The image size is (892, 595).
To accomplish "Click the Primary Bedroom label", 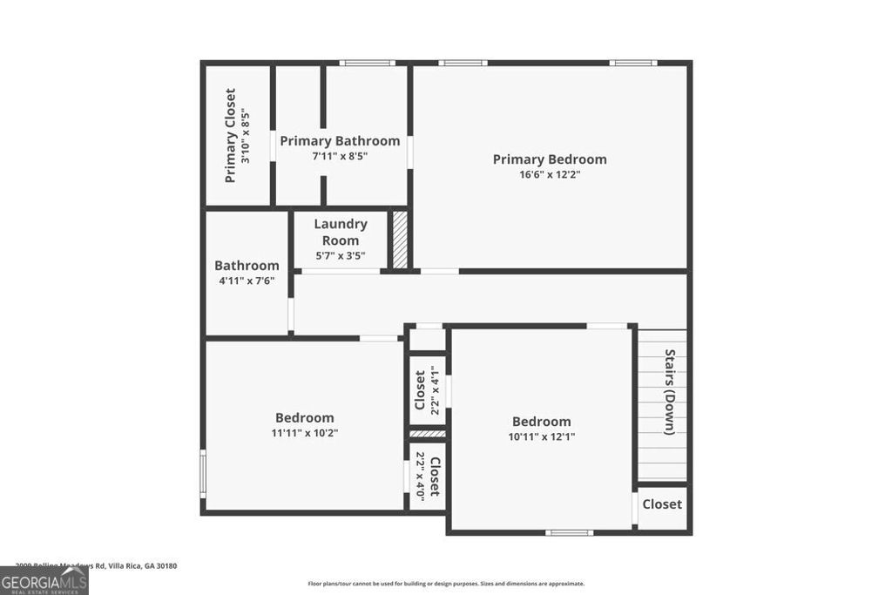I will pos(550,159).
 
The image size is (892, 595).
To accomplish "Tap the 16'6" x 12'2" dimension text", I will pos(550,174).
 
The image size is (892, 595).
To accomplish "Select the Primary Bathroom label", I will pos(340,141).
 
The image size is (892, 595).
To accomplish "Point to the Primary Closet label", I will pos(231,135).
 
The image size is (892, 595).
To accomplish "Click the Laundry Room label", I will pos(340,232).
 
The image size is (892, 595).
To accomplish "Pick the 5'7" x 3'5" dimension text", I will pos(340,256).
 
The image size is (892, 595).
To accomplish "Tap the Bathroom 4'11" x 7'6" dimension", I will pos(247,281).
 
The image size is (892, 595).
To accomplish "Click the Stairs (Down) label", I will pos(670,392).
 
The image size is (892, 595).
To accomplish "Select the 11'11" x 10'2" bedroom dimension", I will pos(304,432).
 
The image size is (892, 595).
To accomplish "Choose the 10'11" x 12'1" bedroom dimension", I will pos(541,436).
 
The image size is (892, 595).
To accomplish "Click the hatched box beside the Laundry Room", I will pos(400,240).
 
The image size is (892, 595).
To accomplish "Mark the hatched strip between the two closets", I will pos(428,433).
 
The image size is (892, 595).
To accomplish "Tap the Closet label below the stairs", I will pos(662,504).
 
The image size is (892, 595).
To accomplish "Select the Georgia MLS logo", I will pos(44,580).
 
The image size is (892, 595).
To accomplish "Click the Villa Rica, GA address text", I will pos(91,565).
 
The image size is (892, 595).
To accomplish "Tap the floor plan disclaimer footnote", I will pos(446,584).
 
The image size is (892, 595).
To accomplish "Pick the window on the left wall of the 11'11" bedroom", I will pos(203,473).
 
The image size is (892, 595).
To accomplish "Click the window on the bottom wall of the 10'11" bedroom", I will pos(570,531).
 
